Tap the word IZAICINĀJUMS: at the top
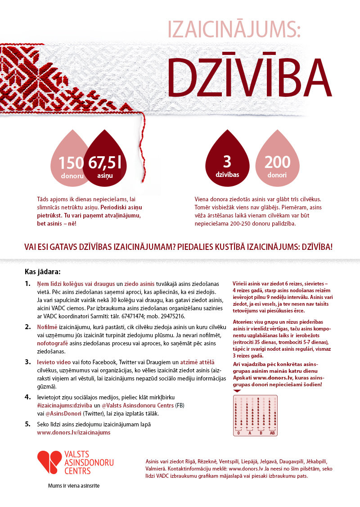click(233, 29)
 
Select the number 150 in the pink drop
click(71, 163)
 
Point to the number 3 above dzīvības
click(227, 161)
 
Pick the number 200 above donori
click(277, 162)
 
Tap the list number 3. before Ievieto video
click(27, 362)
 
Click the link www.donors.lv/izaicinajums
click(73, 432)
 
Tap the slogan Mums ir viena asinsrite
click(74, 486)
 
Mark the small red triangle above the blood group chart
click(237, 391)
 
